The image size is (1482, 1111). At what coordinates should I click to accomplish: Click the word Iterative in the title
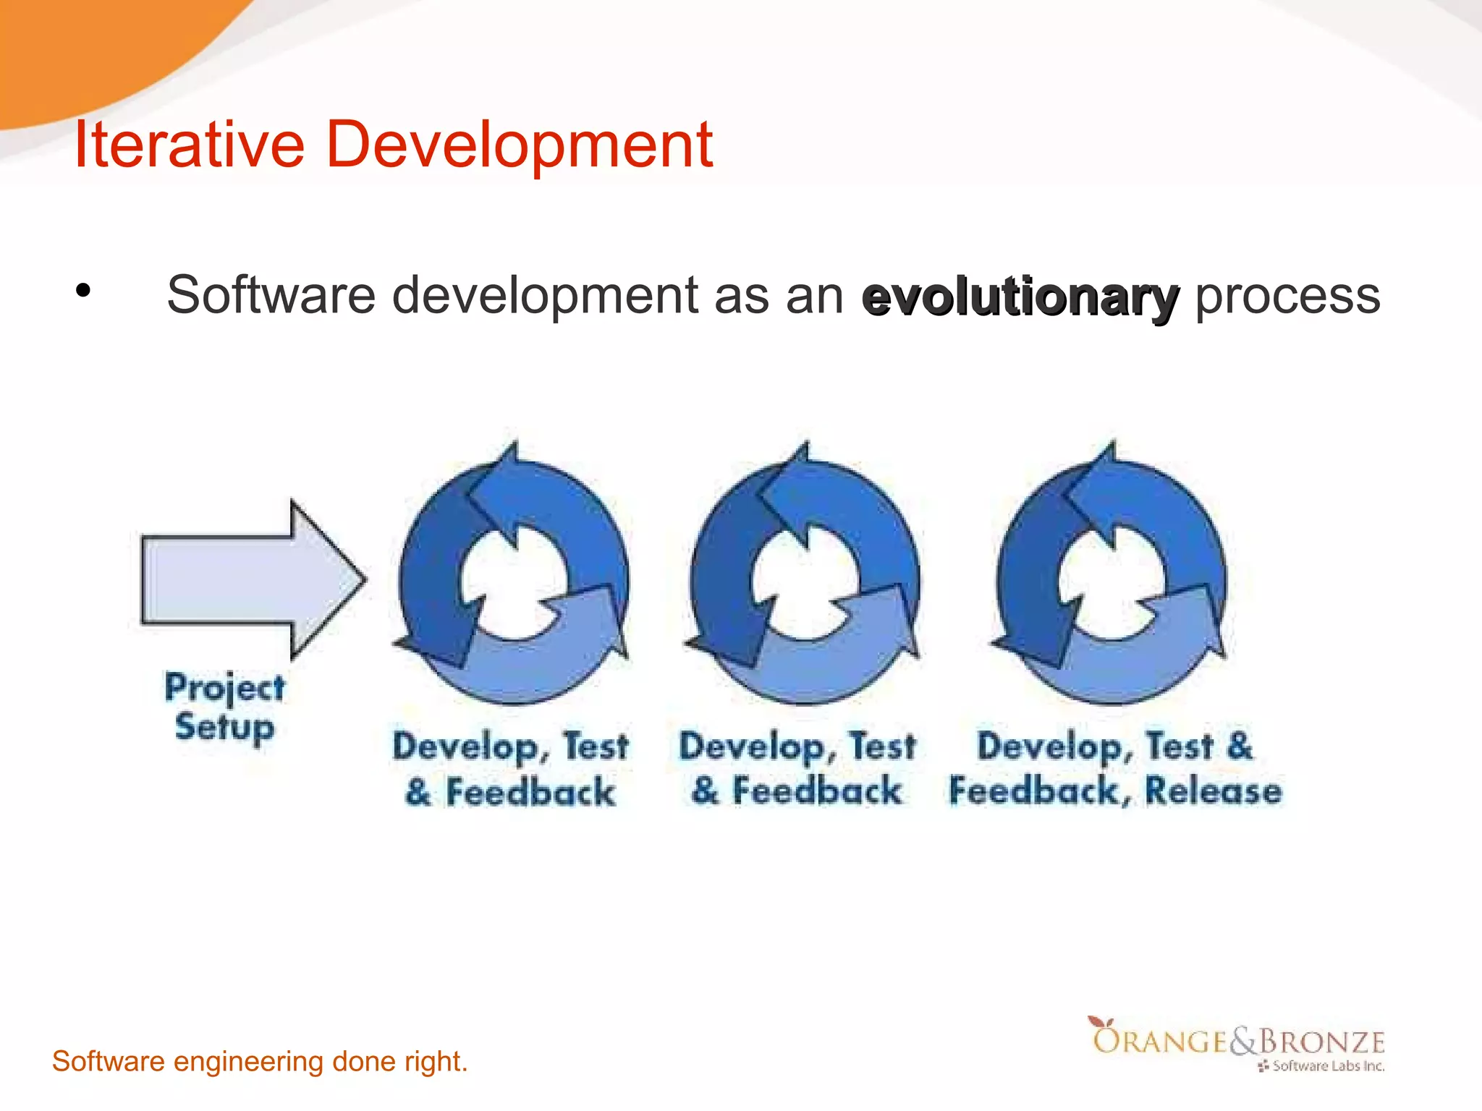click(189, 145)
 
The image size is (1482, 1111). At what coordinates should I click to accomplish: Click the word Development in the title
click(519, 145)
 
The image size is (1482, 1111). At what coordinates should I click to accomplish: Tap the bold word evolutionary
click(1020, 297)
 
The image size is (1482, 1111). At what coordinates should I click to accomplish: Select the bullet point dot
click(83, 291)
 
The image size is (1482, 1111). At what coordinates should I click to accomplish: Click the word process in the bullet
click(1287, 296)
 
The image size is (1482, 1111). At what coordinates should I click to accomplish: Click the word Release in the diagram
click(1213, 791)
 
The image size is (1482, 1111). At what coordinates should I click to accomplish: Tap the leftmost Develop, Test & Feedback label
click(510, 768)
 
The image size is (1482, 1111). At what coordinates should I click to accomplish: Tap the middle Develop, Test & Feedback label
click(797, 768)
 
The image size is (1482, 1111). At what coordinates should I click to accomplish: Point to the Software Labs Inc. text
click(1327, 1066)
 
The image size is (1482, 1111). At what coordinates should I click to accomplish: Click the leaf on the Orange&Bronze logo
click(1100, 1022)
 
